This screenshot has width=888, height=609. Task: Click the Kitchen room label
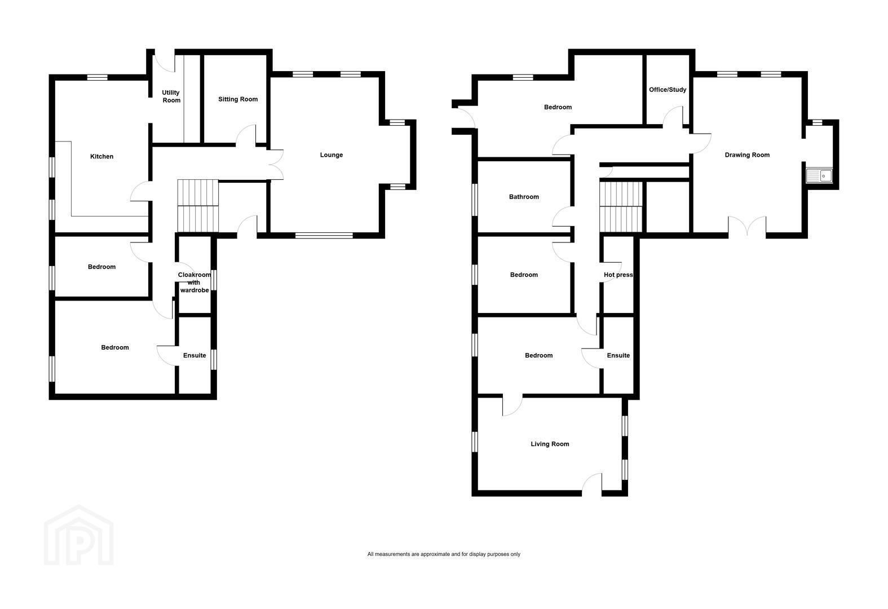tap(101, 157)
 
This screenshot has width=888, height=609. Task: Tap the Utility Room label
tap(171, 96)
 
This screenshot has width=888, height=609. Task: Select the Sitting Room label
tap(238, 99)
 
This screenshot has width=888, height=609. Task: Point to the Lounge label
tap(332, 155)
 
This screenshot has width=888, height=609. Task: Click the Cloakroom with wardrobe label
tap(195, 283)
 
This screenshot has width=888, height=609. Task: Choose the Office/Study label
tap(668, 90)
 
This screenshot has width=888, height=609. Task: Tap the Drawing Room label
tap(747, 155)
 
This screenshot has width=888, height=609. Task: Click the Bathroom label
tap(524, 197)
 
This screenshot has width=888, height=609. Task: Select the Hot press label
tap(618, 275)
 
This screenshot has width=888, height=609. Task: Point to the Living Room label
tap(550, 444)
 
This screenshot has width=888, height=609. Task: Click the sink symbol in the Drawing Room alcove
tap(819, 175)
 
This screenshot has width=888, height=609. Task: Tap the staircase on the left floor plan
tap(198, 205)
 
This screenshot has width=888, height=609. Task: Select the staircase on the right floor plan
tap(621, 206)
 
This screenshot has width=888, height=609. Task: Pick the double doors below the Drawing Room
tap(747, 227)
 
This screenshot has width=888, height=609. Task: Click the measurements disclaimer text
tap(444, 554)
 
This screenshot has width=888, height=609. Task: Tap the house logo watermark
tap(79, 535)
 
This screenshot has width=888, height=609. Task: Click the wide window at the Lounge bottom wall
tap(324, 236)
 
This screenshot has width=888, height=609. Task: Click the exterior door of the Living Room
tap(592, 484)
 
